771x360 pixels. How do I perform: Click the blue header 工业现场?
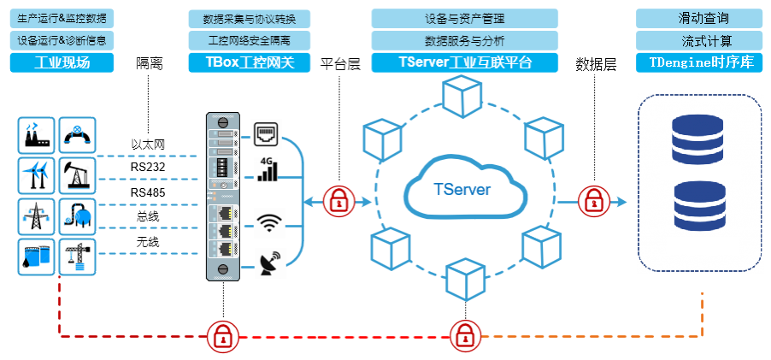(62, 62)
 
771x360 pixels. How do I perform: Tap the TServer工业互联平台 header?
(465, 62)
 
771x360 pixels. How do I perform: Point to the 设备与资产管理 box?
(465, 18)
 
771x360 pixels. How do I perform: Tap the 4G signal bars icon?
(268, 169)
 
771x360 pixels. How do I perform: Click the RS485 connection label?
(147, 192)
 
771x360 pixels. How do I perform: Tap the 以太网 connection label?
(147, 145)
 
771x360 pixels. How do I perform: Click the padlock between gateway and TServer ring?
(339, 202)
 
